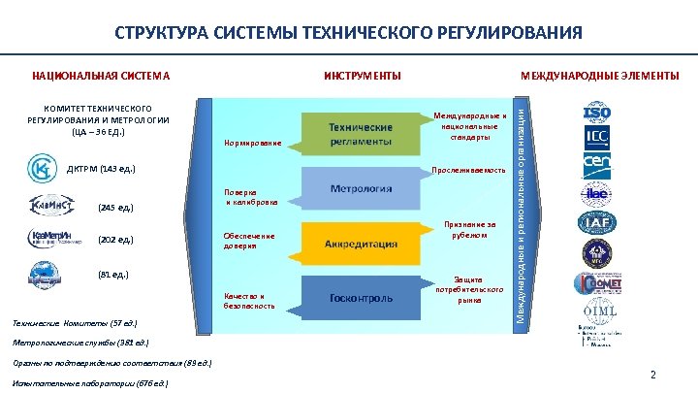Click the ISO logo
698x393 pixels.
click(595, 113)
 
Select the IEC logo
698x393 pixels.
click(595, 138)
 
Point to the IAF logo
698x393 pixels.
click(595, 223)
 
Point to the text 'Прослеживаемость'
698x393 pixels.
click(468, 171)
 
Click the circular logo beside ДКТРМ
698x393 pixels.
click(41, 168)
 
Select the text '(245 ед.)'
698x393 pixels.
click(115, 208)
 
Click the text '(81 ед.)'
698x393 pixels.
click(113, 276)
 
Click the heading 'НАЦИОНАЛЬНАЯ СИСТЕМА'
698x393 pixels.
click(101, 76)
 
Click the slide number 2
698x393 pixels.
click(652, 376)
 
